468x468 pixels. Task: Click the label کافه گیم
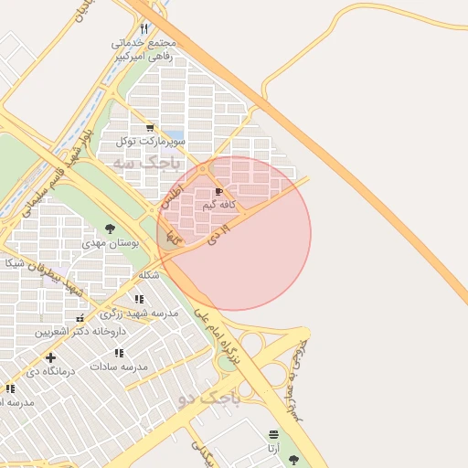(223, 205)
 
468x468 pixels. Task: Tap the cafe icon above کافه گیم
(218, 191)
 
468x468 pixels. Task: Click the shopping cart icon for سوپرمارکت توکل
(150, 128)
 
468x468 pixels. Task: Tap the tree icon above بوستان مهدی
(110, 229)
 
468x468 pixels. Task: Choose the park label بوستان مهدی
(109, 243)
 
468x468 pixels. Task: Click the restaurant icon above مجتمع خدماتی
(144, 28)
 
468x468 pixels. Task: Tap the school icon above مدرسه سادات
(119, 353)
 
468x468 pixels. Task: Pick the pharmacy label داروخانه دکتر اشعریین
(80, 331)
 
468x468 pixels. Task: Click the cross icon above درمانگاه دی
(50, 357)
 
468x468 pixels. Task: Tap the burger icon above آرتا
(273, 434)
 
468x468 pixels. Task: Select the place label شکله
(148, 274)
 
